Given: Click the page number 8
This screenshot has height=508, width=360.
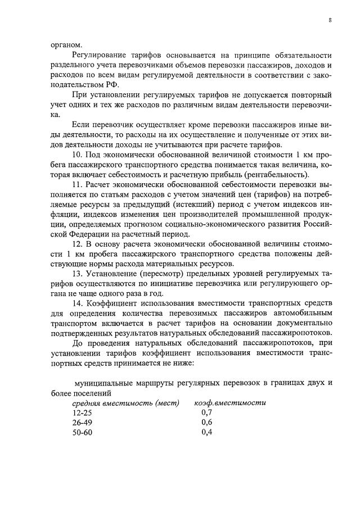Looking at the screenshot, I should tap(330, 20).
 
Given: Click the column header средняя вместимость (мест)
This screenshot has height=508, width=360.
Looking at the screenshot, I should tap(125, 403).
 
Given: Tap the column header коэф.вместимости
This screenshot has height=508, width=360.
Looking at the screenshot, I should tap(229, 403).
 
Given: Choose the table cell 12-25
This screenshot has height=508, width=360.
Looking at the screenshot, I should tap(82, 413).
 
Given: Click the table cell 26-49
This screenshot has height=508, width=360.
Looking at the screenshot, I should tap(82, 423).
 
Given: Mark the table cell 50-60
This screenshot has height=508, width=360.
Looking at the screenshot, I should tap(82, 433).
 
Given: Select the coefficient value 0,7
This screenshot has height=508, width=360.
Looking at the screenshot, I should tap(206, 413).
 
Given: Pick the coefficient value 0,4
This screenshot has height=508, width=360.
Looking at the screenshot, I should tap(206, 433).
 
